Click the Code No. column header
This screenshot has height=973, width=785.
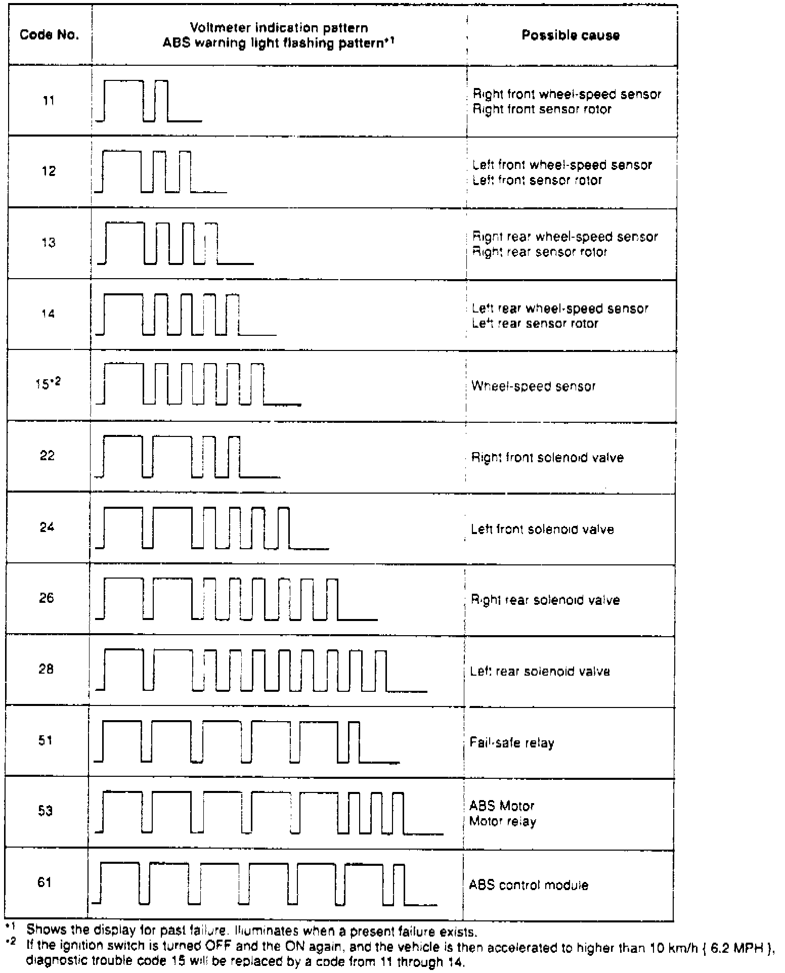pyautogui.click(x=50, y=35)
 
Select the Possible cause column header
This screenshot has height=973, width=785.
pyautogui.click(x=571, y=35)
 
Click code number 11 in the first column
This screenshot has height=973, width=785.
pyautogui.click(x=49, y=101)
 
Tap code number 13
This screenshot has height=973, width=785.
pyautogui.click(x=49, y=243)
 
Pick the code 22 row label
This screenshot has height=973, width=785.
pyautogui.click(x=48, y=456)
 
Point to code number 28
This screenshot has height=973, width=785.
pyautogui.click(x=46, y=670)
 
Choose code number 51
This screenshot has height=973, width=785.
pyautogui.click(x=46, y=741)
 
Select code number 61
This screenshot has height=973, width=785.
pyautogui.click(x=45, y=882)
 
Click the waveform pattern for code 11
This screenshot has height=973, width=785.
pyautogui.click(x=149, y=101)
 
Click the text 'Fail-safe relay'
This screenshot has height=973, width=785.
pyautogui.click(x=512, y=743)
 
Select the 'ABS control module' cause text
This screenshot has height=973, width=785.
pyautogui.click(x=529, y=885)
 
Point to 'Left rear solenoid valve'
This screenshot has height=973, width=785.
pyautogui.click(x=540, y=672)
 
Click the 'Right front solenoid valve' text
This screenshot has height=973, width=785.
pyautogui.click(x=547, y=458)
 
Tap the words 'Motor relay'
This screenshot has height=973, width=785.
pyautogui.click(x=502, y=821)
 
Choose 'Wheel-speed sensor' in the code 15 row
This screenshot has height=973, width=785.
pyautogui.click(x=533, y=386)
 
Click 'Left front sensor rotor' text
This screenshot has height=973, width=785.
pyautogui.click(x=537, y=181)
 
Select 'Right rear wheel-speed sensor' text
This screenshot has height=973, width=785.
pyautogui.click(x=565, y=237)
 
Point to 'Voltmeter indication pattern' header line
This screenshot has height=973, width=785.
pyautogui.click(x=279, y=28)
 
